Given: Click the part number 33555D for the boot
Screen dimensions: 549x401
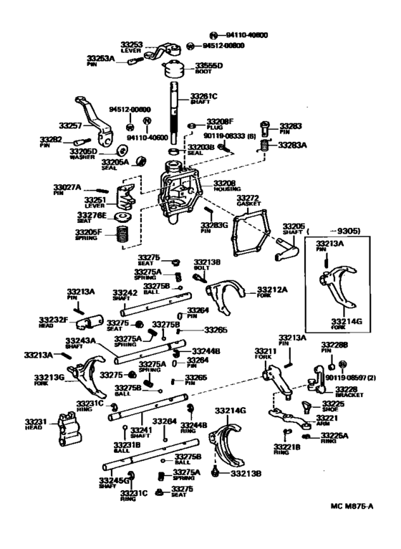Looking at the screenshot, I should [x=210, y=66].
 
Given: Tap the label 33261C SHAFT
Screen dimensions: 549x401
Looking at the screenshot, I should [x=206, y=99].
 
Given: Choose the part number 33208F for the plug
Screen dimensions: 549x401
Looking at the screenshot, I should [x=220, y=122].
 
